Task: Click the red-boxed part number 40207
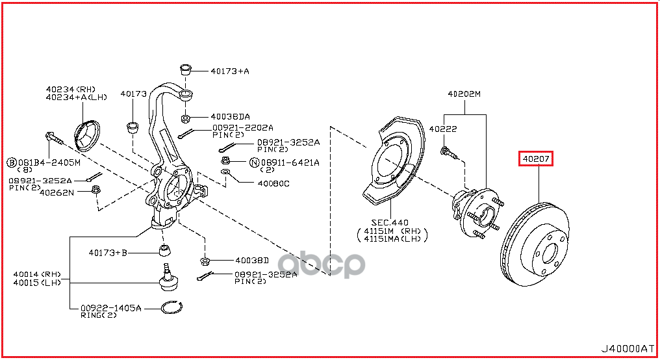(x=535, y=159)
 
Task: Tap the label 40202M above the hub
(x=464, y=94)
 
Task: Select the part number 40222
(x=443, y=129)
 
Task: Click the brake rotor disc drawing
(x=535, y=244)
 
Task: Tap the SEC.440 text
(x=390, y=223)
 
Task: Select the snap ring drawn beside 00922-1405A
(x=171, y=308)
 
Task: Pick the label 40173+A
(x=230, y=71)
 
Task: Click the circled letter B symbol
(x=12, y=162)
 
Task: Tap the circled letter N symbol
(x=254, y=162)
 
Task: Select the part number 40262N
(x=57, y=192)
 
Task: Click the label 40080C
(x=273, y=184)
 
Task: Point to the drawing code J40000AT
(x=627, y=349)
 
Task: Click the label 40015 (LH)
(x=37, y=283)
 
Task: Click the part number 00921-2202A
(x=242, y=127)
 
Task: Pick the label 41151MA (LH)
(x=392, y=238)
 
